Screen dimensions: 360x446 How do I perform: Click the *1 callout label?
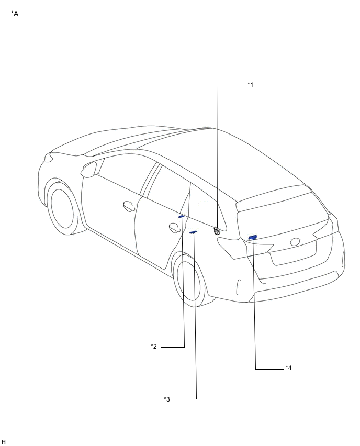coord(250,85)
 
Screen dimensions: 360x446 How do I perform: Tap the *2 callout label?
coord(154,347)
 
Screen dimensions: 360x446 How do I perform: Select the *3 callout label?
coord(167,399)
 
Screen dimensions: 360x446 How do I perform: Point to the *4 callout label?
coord(289,368)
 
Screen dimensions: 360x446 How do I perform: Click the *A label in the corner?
coord(15,14)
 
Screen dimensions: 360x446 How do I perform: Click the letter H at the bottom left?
coord(4,442)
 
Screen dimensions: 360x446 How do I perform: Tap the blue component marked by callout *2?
coord(181,217)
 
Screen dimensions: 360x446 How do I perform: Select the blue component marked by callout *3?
coord(193,232)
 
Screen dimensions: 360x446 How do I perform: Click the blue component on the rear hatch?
coord(253,237)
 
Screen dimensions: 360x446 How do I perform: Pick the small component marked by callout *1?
coord(217,231)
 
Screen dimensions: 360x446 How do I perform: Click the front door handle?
coord(129,206)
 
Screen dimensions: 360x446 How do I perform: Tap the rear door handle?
coord(174,228)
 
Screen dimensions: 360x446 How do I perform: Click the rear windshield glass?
coord(282,214)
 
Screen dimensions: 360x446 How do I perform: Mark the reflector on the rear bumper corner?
coord(238,287)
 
